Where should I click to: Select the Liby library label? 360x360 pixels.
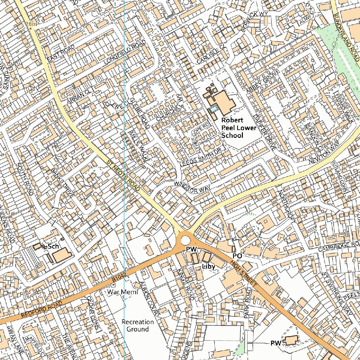(x=208, y=267)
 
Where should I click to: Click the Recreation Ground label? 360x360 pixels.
(x=137, y=326)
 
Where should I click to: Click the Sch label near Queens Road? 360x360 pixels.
(x=53, y=246)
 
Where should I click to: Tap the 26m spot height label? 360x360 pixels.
(x=31, y=24)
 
